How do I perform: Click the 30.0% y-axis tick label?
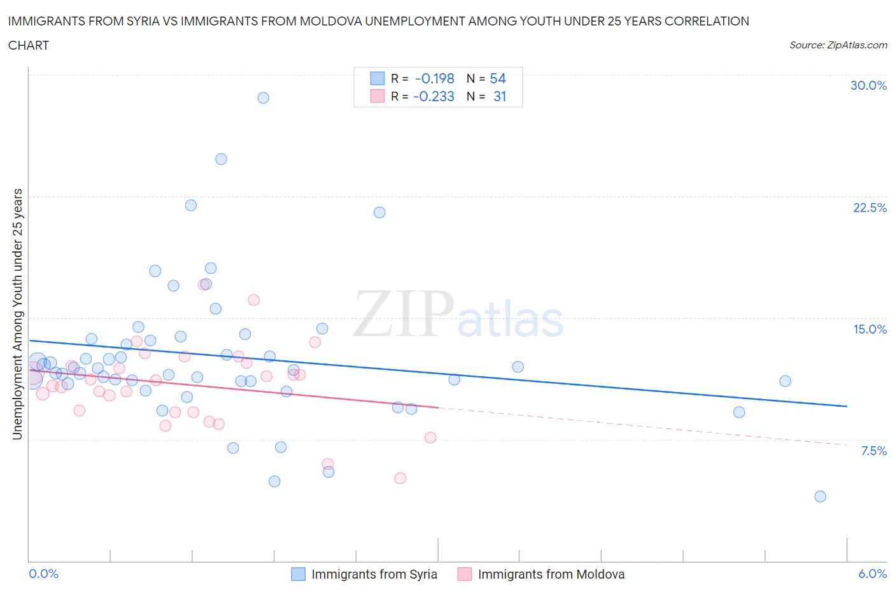click(868, 85)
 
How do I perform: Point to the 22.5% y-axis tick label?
click(870, 208)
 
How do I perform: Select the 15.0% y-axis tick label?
click(870, 329)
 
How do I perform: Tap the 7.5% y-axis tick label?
click(873, 451)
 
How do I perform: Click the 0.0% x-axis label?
click(43, 574)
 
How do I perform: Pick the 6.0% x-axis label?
click(872, 574)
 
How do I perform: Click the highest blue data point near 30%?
click(263, 98)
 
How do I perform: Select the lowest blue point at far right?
click(820, 497)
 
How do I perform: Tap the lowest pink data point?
click(400, 478)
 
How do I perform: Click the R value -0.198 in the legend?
click(434, 78)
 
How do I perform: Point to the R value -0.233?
click(433, 96)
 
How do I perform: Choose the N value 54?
click(497, 78)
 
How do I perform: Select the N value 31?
click(499, 96)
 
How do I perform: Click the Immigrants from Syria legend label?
click(374, 574)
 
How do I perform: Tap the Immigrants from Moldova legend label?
click(551, 574)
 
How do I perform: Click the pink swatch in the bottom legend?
click(465, 574)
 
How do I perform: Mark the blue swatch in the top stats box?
click(377, 78)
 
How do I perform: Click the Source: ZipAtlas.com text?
click(838, 45)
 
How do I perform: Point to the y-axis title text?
click(18, 314)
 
